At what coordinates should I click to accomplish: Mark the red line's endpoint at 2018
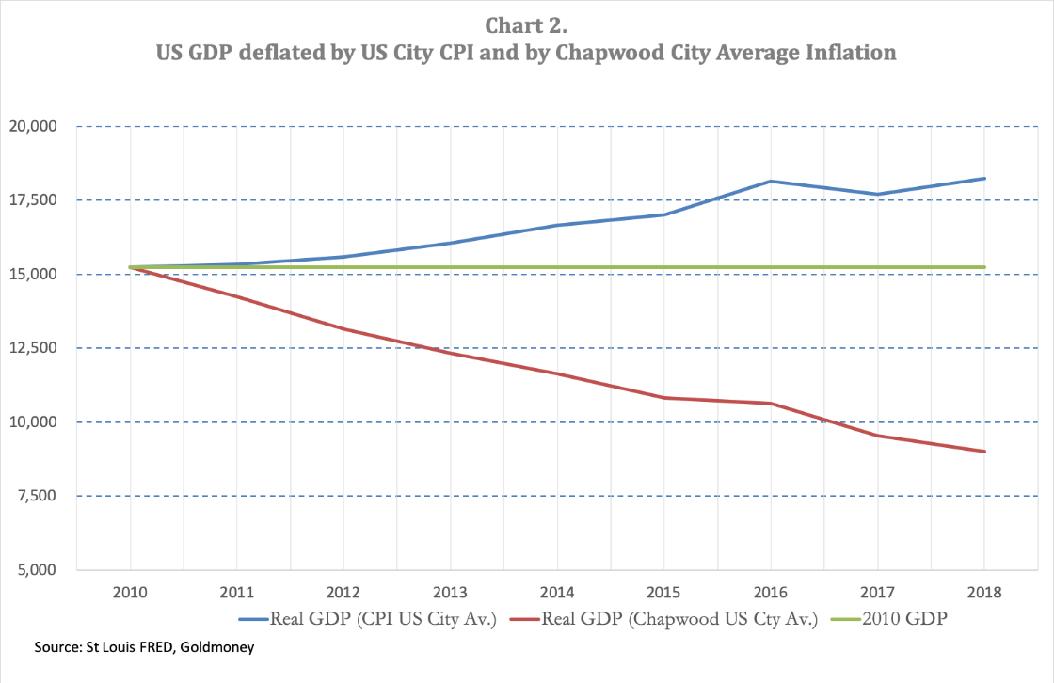[x=984, y=452]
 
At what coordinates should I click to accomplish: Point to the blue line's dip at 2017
[x=877, y=194]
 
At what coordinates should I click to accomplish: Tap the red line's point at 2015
[x=664, y=397]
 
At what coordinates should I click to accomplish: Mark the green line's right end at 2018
[x=984, y=267]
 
